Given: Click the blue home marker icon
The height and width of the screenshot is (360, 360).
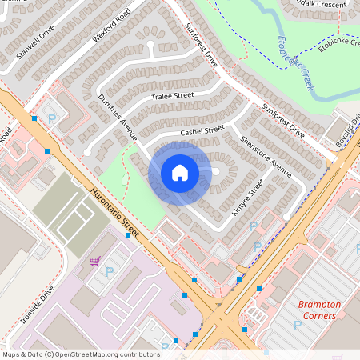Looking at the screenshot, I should click(180, 173).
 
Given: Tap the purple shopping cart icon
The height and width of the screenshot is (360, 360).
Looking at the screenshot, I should click(94, 261).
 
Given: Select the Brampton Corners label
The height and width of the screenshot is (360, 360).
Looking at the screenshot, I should click(319, 310).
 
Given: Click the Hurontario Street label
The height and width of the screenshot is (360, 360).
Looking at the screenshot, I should click(115, 213).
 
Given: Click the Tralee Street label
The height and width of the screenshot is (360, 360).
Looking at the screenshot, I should click(173, 95).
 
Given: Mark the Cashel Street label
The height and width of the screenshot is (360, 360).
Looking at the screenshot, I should click(202, 130).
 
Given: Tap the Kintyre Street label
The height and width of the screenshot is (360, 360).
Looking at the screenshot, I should click(247, 198).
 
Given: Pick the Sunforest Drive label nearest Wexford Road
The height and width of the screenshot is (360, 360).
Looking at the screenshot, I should click(201, 45).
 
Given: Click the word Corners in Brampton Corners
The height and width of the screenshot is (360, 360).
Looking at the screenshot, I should click(319, 315).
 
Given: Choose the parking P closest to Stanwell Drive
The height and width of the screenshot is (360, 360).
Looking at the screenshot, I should click(53, 119).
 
